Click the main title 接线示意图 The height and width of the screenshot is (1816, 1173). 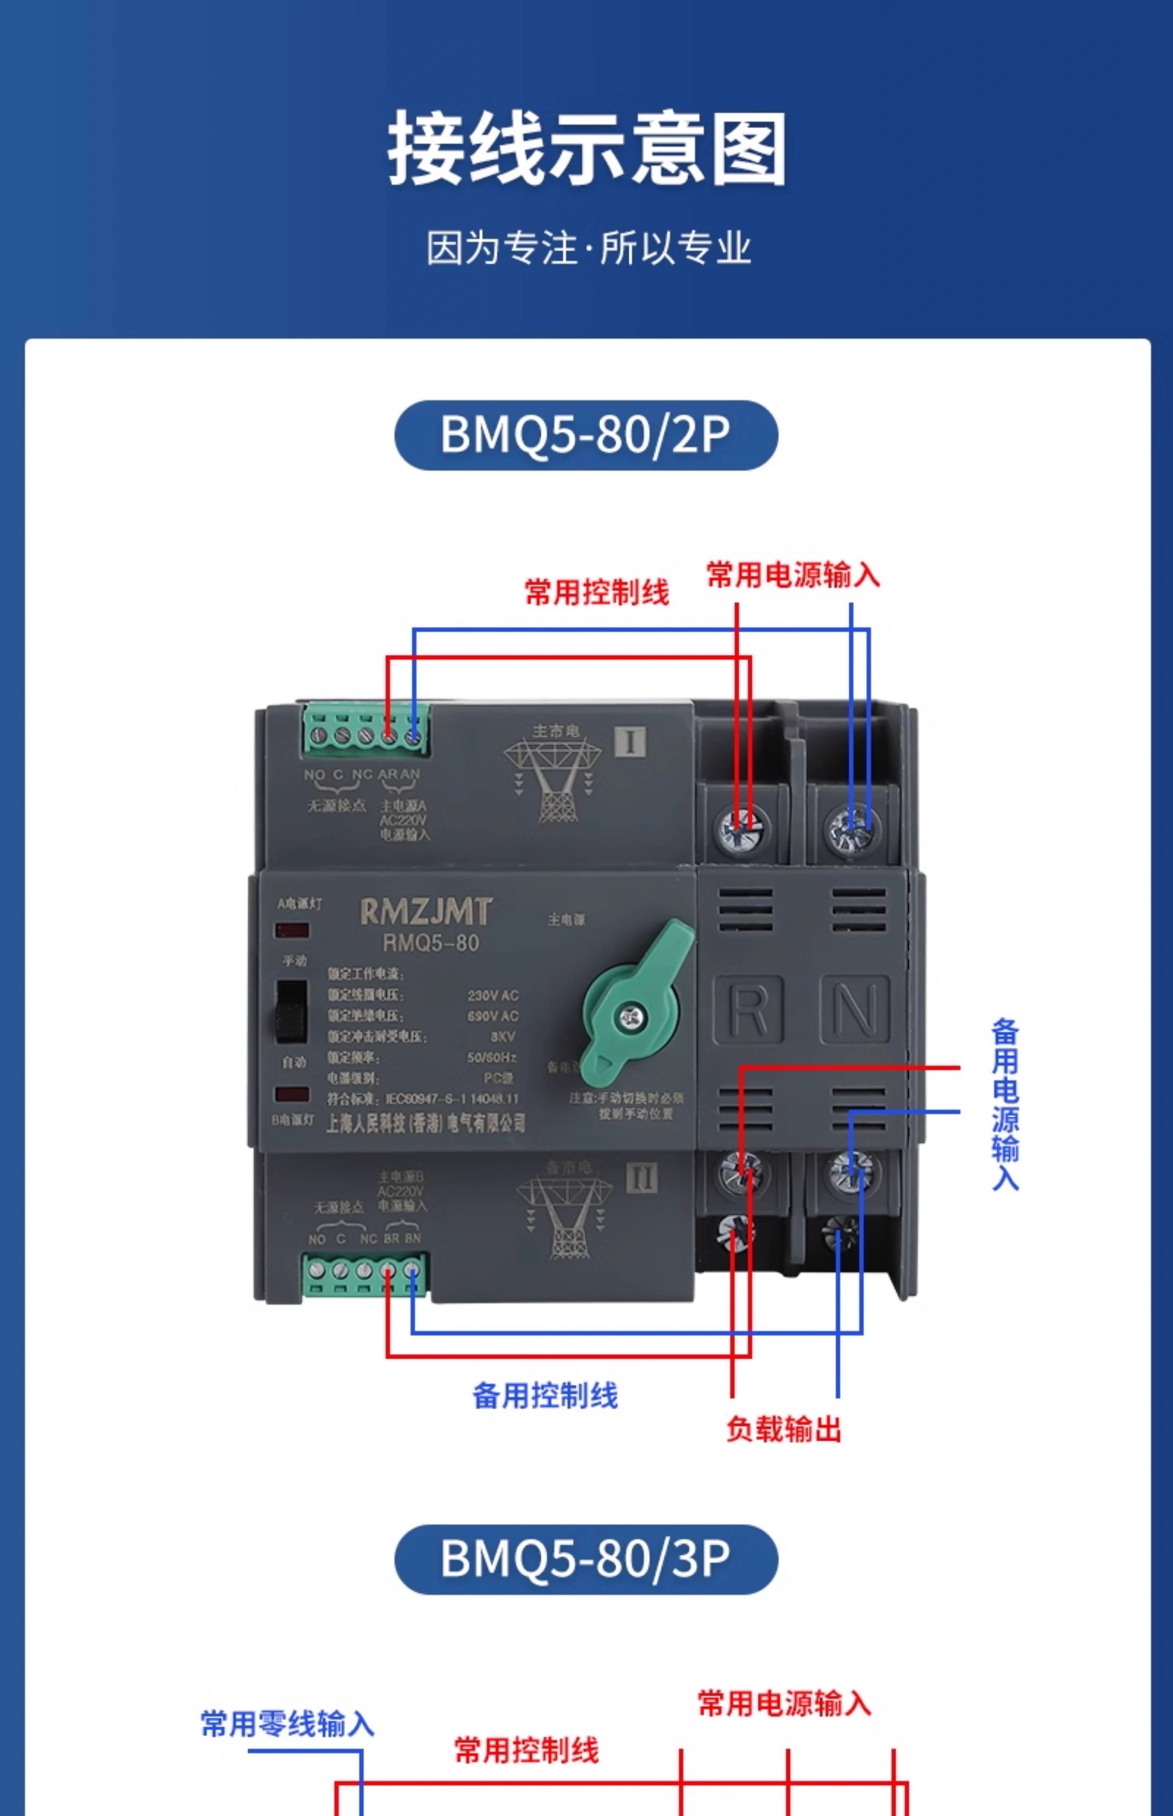click(586, 148)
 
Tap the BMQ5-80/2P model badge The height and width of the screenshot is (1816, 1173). click(586, 435)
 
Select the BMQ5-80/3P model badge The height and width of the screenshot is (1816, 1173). click(586, 1559)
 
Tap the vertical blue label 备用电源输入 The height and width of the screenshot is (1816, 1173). click(1005, 1104)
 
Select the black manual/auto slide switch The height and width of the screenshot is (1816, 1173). click(291, 1011)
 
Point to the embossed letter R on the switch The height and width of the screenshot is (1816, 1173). click(748, 1010)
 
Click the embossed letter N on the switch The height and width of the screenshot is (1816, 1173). click(855, 1010)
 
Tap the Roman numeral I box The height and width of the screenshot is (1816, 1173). click(630, 742)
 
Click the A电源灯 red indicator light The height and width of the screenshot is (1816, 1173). click(292, 930)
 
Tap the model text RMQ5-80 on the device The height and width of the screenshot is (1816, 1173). click(430, 943)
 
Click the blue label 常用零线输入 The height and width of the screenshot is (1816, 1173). click(287, 1724)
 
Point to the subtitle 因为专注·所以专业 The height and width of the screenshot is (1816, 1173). click(588, 247)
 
